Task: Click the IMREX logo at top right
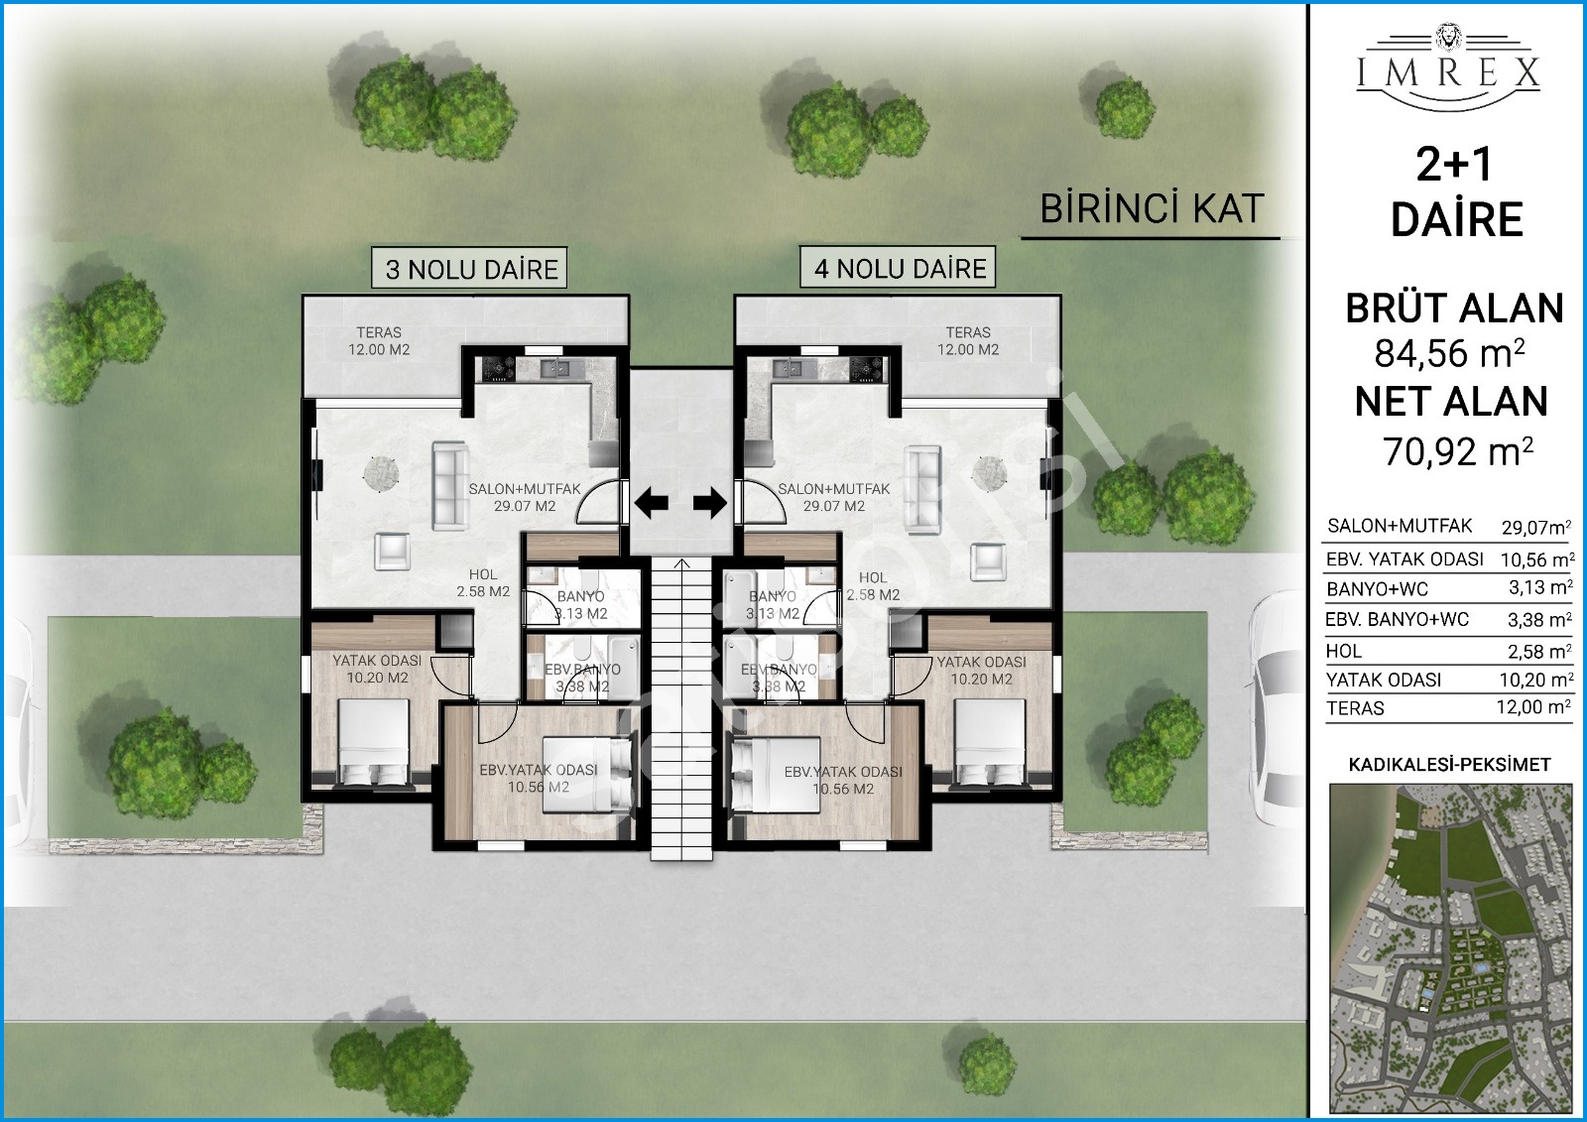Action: tap(1448, 68)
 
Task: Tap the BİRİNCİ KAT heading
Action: tap(1152, 208)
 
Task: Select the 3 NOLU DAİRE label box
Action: tap(470, 268)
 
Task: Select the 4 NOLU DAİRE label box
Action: tap(899, 267)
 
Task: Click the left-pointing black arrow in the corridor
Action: tap(651, 503)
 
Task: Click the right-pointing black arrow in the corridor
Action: tap(710, 503)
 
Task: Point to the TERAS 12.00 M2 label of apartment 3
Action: tap(379, 341)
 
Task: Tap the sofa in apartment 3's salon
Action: tap(450, 486)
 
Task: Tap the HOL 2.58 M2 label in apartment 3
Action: tap(483, 582)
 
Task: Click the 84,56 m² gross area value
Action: tap(1450, 352)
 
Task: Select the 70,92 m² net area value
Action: tap(1458, 450)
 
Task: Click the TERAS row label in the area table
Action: tap(1355, 708)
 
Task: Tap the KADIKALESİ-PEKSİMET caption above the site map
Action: tap(1449, 765)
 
